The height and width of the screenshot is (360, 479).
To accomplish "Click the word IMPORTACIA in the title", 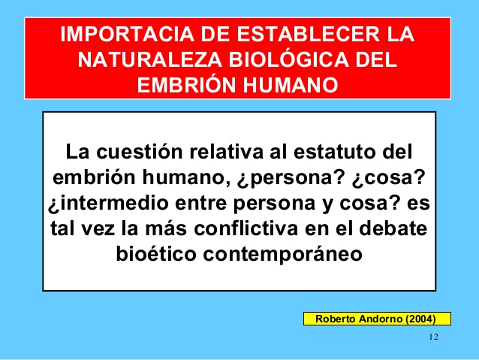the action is (x=127, y=34).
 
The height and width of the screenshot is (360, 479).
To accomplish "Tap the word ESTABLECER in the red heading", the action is (x=309, y=34).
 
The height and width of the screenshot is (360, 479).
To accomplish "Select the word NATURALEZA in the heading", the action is (x=149, y=59).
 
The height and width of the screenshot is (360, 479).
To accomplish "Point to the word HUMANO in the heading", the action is (x=291, y=85).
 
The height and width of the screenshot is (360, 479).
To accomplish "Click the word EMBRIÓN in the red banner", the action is (x=186, y=84).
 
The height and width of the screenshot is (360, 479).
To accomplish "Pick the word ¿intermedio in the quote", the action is (x=108, y=204).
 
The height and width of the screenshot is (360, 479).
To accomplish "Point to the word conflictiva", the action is (x=246, y=228).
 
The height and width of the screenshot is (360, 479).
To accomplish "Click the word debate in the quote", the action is (x=393, y=228).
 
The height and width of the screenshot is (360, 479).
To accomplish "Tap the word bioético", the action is (x=156, y=253).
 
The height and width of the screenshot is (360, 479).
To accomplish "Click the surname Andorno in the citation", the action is (x=381, y=319).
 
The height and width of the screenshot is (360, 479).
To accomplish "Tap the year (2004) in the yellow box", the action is (x=420, y=319).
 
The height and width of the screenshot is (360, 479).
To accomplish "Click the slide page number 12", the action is (x=434, y=337).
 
